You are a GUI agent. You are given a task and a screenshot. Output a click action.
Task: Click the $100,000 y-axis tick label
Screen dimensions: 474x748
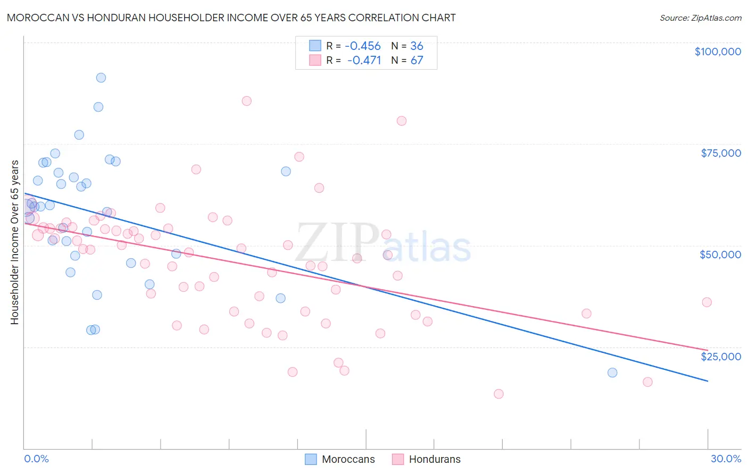(718, 52)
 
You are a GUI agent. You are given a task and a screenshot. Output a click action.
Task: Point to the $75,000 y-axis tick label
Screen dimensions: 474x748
(721, 153)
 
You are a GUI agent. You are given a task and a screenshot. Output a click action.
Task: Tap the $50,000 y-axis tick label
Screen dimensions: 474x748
(720, 255)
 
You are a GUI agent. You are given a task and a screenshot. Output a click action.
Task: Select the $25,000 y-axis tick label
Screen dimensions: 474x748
(721, 356)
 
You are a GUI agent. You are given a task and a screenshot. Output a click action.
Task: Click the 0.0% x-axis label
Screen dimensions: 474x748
(36, 459)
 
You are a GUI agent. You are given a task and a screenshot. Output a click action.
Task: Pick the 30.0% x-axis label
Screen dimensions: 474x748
(726, 459)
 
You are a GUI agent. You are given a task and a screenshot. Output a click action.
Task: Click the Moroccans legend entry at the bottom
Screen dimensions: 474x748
(348, 459)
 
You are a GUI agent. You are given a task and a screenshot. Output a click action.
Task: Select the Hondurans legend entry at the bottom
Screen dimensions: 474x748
(434, 459)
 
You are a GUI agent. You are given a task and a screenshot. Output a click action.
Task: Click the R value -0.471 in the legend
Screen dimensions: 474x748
(364, 60)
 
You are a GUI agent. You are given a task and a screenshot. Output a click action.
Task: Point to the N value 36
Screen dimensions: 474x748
(417, 46)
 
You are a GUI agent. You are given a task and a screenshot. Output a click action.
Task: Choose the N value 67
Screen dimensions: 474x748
(417, 60)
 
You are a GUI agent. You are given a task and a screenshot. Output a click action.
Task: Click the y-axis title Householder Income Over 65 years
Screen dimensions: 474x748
(14, 242)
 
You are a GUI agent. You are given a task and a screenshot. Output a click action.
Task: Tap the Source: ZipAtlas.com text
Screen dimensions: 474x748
(700, 18)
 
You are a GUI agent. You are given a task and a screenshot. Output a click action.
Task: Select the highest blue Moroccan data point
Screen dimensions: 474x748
(101, 78)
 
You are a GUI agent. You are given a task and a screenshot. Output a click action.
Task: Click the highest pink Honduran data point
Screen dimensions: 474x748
(246, 101)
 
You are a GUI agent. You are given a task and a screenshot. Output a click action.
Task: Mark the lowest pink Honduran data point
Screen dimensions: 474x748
(498, 394)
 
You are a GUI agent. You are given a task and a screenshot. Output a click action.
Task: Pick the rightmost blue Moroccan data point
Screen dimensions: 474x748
(612, 373)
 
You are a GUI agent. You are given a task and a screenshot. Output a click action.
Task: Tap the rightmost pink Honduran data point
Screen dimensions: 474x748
(707, 302)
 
